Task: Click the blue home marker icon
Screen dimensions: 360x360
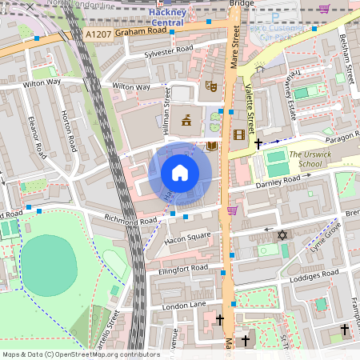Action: click(180, 172)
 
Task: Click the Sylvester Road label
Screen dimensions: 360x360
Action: click(169, 50)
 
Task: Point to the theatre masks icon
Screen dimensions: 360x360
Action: click(211, 86)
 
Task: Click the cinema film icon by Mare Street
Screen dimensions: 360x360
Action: click(238, 134)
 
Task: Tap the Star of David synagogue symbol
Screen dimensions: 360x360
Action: click(281, 234)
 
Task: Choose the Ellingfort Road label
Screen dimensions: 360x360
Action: click(183, 269)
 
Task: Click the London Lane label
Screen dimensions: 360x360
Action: click(185, 306)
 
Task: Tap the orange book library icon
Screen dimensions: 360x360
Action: click(211, 146)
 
